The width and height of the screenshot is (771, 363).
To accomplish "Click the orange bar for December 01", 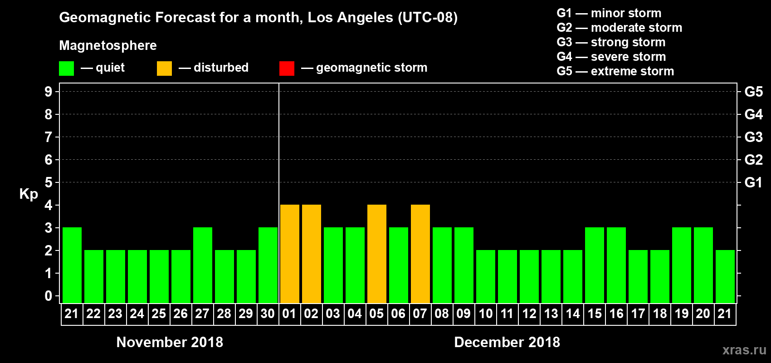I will pyautogui.click(x=289, y=254).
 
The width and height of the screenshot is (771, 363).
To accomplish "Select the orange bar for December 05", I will pyautogui.click(x=376, y=254).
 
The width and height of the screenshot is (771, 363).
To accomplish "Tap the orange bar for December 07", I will pyautogui.click(x=420, y=254).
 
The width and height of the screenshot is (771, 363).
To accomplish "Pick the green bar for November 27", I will pyautogui.click(x=202, y=265).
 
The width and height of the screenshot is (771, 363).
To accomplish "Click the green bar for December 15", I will pyautogui.click(x=594, y=265).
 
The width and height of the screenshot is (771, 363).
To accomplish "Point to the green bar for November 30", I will pyautogui.click(x=268, y=265).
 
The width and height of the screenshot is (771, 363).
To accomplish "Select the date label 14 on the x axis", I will pyautogui.click(x=572, y=314).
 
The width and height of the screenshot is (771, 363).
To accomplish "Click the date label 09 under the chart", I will pyautogui.click(x=464, y=314).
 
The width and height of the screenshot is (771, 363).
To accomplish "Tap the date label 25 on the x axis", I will pyautogui.click(x=159, y=314).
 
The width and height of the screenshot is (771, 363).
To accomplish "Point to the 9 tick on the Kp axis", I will pyautogui.click(x=49, y=92).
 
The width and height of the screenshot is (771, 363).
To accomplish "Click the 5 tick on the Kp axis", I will pyautogui.click(x=49, y=182).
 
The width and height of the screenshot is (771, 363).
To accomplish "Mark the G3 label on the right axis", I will pyautogui.click(x=753, y=137).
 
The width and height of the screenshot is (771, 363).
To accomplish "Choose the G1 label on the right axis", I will pyautogui.click(x=753, y=182).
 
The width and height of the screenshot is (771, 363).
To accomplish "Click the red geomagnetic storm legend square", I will pyautogui.click(x=287, y=69).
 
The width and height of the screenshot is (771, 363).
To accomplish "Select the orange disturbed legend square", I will pyautogui.click(x=164, y=69).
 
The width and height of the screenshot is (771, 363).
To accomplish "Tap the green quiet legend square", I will pyautogui.click(x=66, y=69).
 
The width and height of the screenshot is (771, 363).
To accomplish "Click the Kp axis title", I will pyautogui.click(x=29, y=194).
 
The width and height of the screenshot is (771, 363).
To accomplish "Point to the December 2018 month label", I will pyautogui.click(x=507, y=342).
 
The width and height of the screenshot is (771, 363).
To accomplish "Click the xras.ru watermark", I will pyautogui.click(x=744, y=350).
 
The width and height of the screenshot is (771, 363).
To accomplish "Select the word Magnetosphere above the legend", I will pyautogui.click(x=108, y=45).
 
